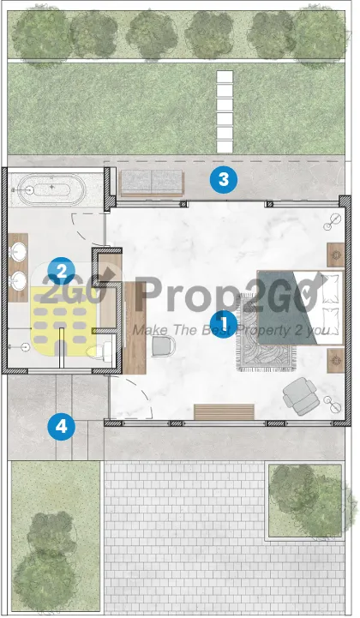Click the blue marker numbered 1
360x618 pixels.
[224, 324]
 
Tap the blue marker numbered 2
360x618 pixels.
[61, 271]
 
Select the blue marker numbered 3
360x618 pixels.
[224, 180]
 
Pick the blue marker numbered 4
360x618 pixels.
[62, 426]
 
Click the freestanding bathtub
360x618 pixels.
[51, 190]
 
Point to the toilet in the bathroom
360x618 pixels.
[100, 351]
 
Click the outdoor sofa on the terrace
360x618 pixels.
[152, 183]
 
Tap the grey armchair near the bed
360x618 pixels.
[301, 396]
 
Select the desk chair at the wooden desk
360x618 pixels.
[163, 345]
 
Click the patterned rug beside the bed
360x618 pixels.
[266, 335]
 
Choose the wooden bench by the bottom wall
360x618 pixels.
[224, 412]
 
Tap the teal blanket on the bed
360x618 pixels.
[283, 309]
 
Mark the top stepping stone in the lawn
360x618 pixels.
[225, 77]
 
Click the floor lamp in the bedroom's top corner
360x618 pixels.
[333, 221]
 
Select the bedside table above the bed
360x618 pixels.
[336, 255]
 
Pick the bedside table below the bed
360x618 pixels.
[336, 360]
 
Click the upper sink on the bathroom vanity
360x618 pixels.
[18, 250]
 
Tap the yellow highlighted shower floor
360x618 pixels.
[64, 321]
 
